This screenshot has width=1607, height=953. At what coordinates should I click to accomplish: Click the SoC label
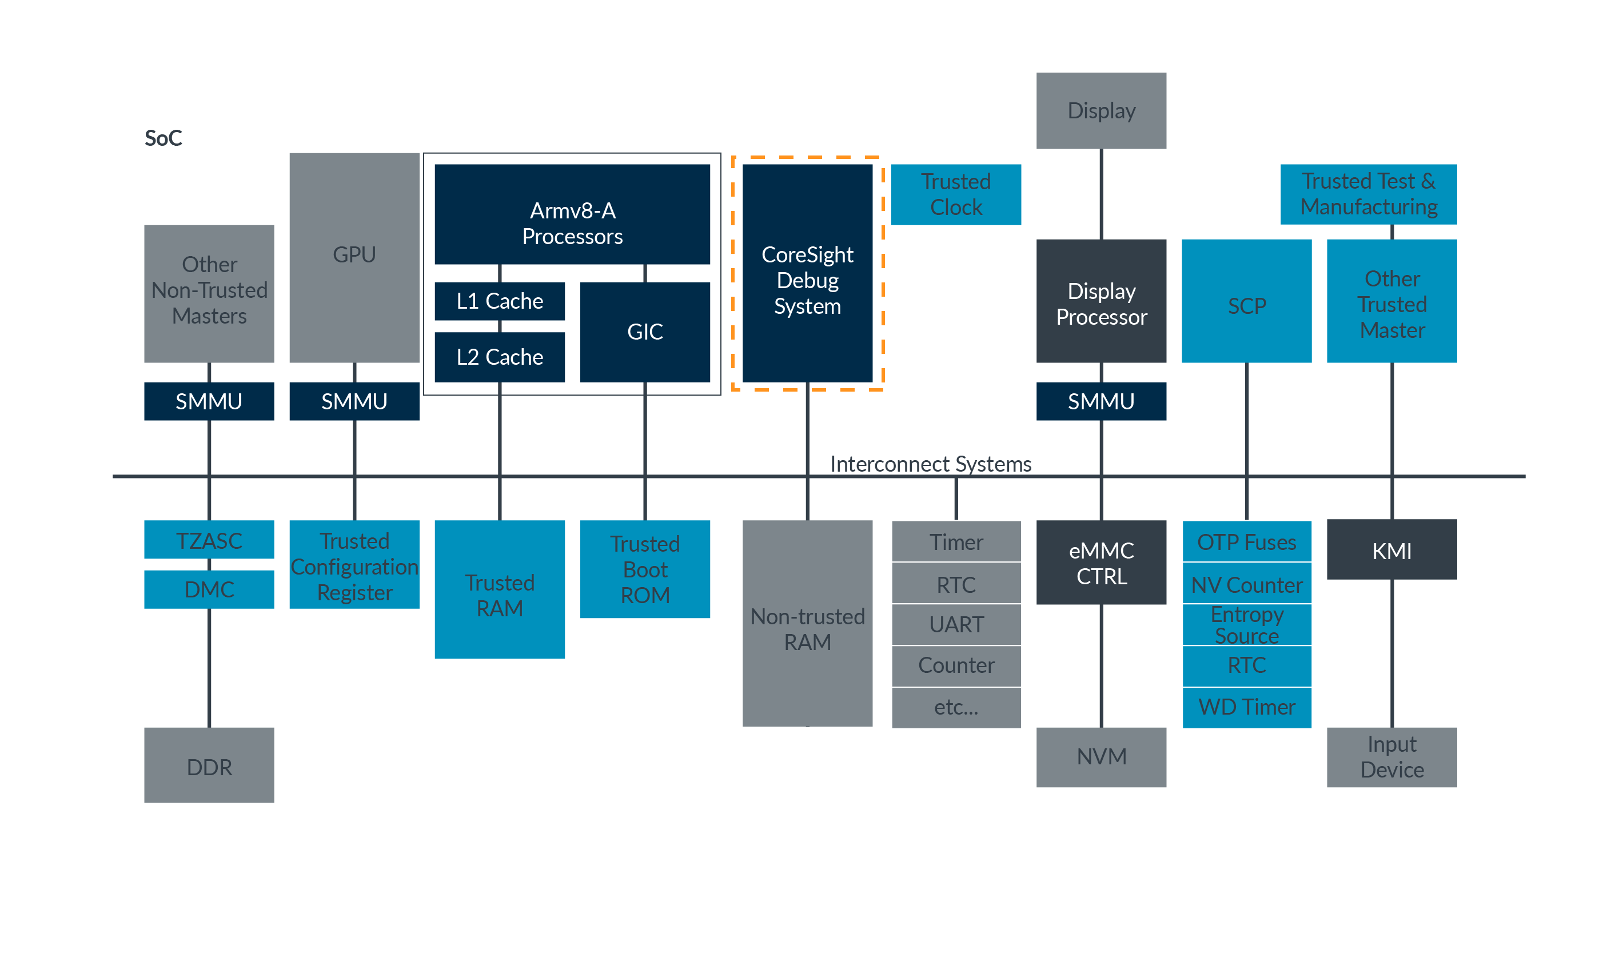[x=163, y=138]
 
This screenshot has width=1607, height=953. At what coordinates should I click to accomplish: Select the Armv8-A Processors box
[x=572, y=214]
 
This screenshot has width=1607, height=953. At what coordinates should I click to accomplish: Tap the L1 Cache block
[x=499, y=301]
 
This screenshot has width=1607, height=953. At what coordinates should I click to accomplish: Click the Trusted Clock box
[x=955, y=194]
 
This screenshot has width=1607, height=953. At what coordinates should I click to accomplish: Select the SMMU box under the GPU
[x=354, y=401]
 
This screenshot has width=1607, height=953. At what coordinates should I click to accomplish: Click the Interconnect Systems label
[x=930, y=463]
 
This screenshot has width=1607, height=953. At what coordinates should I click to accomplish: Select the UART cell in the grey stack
[x=955, y=624]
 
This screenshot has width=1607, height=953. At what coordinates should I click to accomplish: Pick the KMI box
[x=1391, y=550]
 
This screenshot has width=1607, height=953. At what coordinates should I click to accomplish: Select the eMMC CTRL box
[x=1100, y=562]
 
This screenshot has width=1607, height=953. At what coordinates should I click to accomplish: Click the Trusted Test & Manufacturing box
[x=1367, y=193]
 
